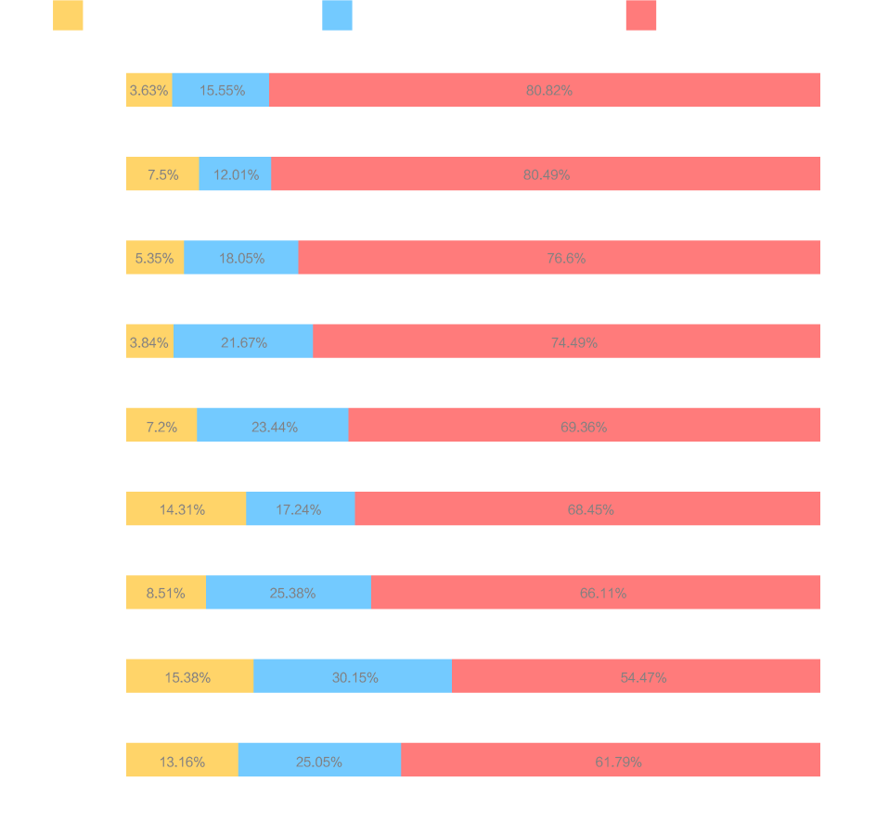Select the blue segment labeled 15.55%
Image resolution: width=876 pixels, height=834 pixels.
point(221,90)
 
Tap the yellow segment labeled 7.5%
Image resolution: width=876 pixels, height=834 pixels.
point(162,174)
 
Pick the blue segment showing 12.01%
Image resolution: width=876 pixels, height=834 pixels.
point(235,174)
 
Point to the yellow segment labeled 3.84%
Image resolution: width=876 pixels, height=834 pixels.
point(149,341)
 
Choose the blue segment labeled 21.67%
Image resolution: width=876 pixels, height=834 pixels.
point(243,341)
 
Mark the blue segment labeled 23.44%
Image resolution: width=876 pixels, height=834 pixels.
point(273,426)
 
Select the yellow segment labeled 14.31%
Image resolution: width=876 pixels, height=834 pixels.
point(186,509)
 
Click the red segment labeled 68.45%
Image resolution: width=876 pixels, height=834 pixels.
point(587,509)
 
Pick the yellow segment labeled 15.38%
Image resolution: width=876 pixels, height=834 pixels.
point(189,676)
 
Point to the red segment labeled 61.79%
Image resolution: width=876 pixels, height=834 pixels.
point(611,762)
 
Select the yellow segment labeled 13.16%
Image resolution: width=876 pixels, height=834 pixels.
point(182,762)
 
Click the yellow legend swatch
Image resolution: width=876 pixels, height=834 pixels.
point(68,16)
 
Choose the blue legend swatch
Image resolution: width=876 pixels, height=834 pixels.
point(337,16)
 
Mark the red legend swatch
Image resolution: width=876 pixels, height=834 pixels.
point(640,16)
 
